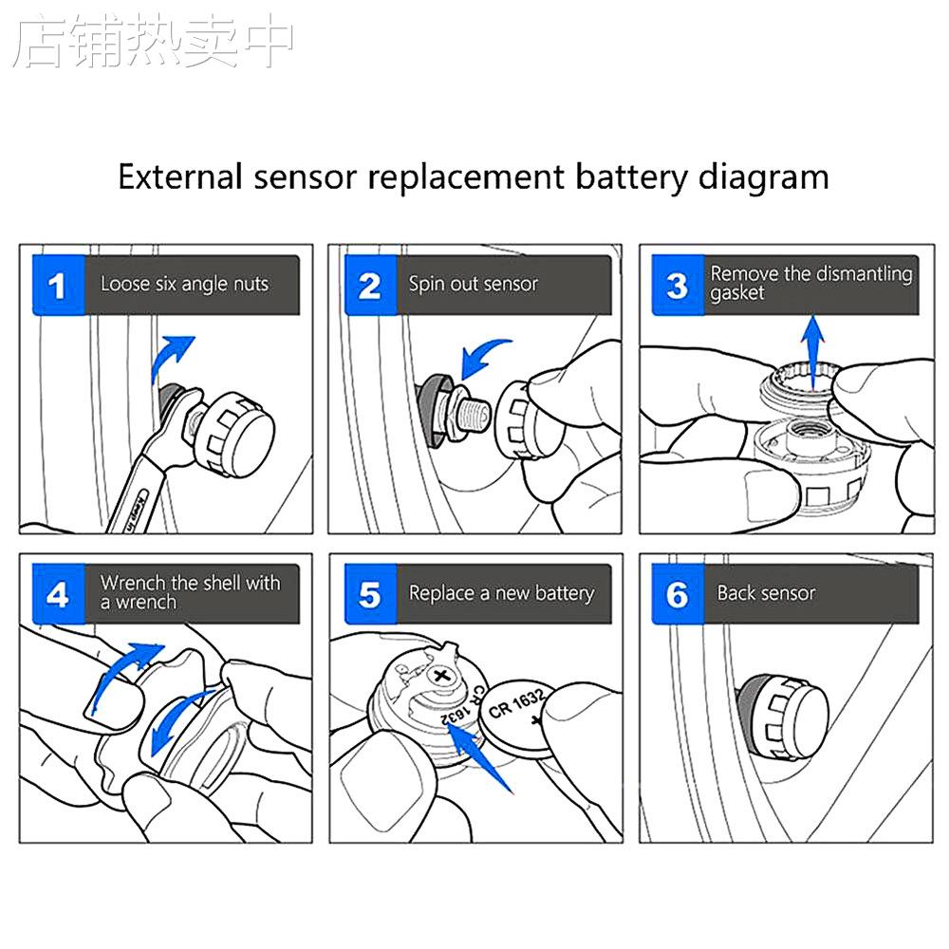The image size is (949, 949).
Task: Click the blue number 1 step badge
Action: pos(59,285)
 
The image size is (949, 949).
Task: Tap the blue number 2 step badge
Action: pos(369,285)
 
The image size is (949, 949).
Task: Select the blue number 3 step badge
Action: pos(678,285)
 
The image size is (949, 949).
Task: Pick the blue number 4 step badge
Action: pos(59,594)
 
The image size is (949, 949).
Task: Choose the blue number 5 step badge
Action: pos(369,594)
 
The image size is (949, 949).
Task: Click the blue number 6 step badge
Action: pos(678,594)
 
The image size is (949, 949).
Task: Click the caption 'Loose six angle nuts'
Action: pos(184,284)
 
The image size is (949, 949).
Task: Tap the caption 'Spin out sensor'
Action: pos(473,284)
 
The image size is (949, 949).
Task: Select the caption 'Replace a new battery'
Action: pos(501,594)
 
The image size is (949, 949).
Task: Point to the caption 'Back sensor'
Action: pos(766,594)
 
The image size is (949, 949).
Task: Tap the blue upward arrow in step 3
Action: pos(811,340)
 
